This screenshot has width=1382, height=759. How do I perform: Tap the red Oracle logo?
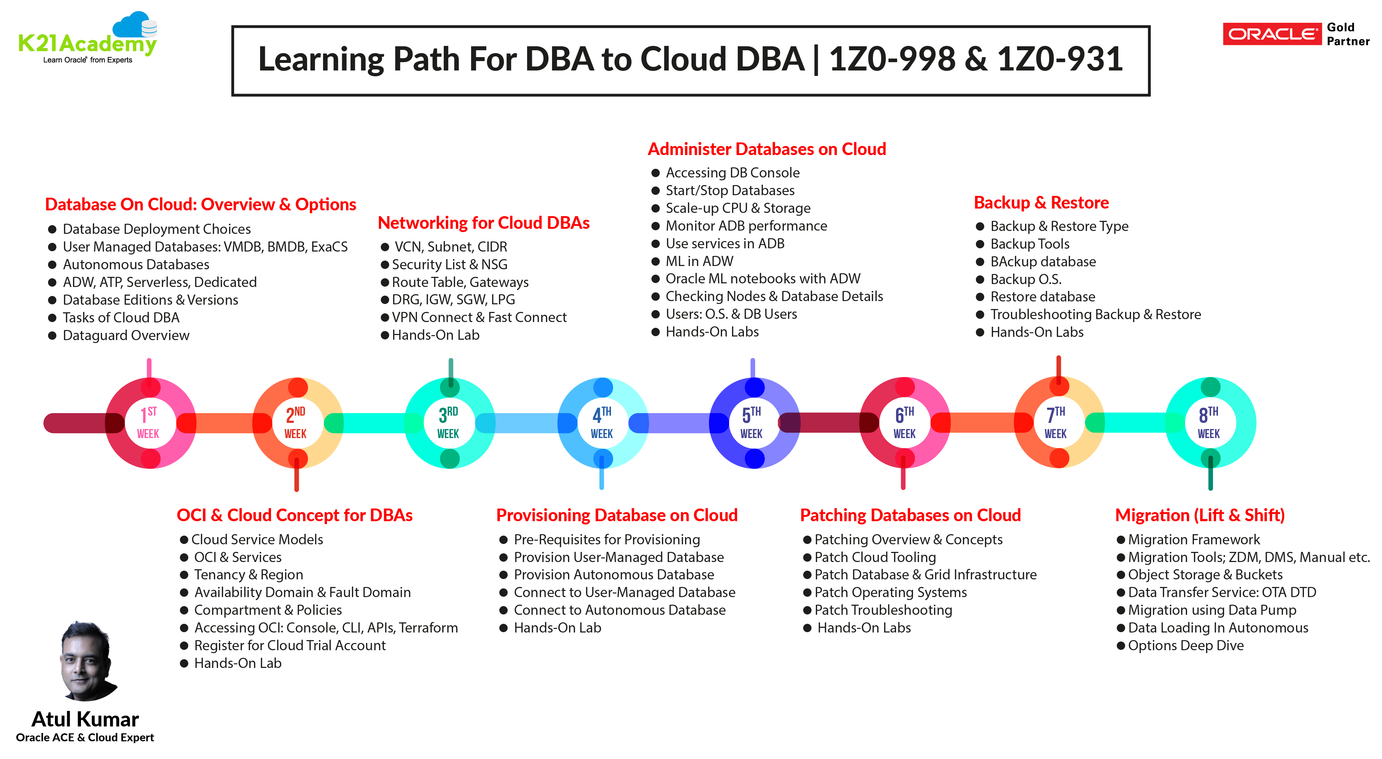point(1271,34)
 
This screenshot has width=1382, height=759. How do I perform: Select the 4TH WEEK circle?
point(602,423)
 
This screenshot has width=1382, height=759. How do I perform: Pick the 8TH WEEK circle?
point(1209,423)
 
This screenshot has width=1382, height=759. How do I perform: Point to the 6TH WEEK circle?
point(904,423)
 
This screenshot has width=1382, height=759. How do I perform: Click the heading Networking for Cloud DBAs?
point(483,223)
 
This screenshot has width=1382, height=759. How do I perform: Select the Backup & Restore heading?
point(1041,203)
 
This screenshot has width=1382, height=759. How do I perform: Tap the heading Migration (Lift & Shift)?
point(1200,515)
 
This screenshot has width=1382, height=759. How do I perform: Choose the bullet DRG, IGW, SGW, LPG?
point(453,300)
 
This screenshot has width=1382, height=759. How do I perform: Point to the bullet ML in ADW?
point(699,261)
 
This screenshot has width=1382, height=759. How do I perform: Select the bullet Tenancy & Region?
point(248,575)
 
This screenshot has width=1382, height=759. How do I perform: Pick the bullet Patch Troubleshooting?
point(883,610)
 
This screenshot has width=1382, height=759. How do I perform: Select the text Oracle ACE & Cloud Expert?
point(85,738)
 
